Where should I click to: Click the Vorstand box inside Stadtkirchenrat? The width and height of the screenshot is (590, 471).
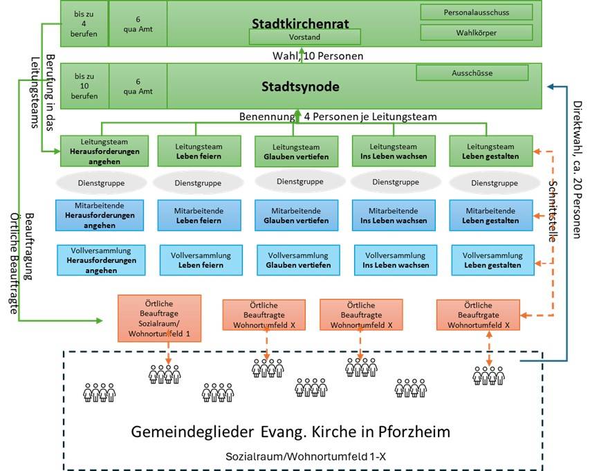tap(305, 37)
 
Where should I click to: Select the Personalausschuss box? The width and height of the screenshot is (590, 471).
tap(477, 12)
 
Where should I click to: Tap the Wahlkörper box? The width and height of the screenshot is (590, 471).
tap(477, 33)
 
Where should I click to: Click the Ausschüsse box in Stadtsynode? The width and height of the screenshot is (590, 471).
tap(472, 73)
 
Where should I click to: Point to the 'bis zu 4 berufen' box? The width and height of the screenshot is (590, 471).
tap(84, 23)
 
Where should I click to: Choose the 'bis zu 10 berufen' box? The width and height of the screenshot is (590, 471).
tap(84, 85)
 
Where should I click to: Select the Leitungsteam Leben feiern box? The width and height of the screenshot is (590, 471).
tap(200, 151)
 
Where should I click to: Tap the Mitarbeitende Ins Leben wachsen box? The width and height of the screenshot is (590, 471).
tap(394, 216)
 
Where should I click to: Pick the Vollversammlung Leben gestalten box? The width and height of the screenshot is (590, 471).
tap(492, 260)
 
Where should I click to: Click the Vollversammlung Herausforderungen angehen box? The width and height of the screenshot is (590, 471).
tap(102, 261)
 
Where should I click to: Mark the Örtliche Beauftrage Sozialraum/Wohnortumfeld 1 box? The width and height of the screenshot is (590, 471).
tap(159, 317)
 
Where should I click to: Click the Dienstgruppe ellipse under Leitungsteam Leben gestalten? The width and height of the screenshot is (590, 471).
tap(494, 183)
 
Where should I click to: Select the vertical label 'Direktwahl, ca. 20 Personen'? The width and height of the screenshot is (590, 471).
tap(578, 169)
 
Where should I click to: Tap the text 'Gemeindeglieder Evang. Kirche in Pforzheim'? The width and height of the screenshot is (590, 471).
tap(291, 432)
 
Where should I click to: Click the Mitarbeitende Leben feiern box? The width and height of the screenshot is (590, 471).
tap(200, 216)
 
